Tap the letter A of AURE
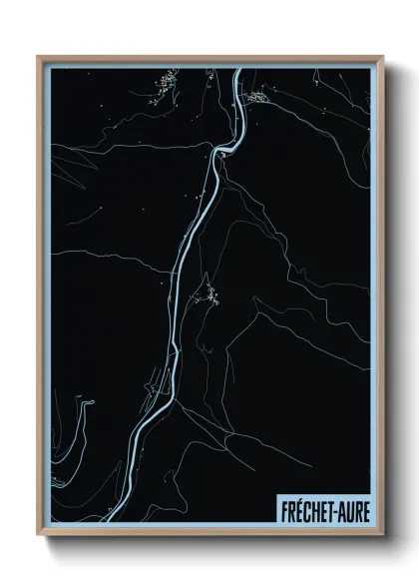tap(341, 511)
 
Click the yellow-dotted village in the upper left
tap(165, 82)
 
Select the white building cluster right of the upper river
tap(257, 97)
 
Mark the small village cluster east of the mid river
tap(210, 294)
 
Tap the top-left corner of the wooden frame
tap(38, 57)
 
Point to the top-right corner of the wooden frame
tap(383, 57)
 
